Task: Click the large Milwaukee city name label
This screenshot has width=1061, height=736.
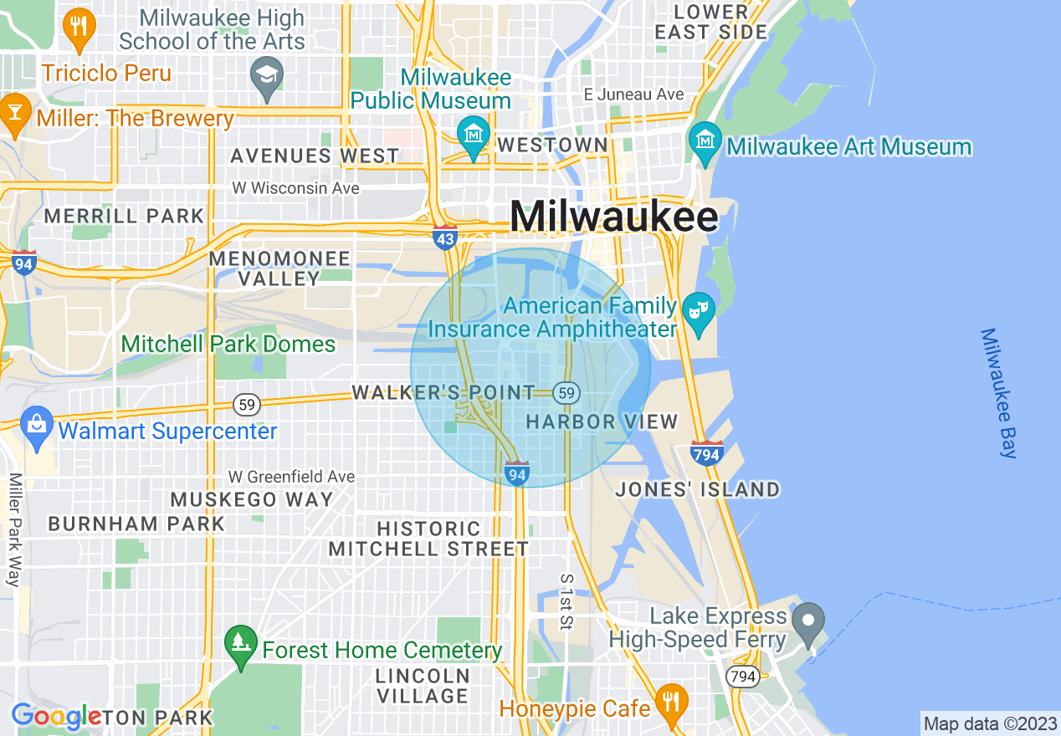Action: [613, 217]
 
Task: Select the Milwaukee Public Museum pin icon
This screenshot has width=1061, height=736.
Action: [474, 134]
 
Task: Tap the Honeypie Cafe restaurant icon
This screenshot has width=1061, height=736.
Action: [670, 701]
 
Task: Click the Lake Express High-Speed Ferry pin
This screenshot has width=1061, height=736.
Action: [808, 621]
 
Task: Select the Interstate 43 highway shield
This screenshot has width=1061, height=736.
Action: [445, 238]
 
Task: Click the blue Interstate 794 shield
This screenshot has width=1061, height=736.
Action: [707, 453]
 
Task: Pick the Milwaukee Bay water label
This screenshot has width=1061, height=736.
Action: [1000, 393]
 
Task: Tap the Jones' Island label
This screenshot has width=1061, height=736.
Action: [697, 489]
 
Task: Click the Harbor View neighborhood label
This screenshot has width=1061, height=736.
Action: [602, 422]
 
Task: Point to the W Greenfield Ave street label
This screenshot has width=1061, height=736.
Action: [292, 477]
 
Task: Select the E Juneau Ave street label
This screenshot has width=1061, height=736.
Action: [633, 95]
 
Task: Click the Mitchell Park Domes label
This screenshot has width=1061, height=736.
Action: [228, 344]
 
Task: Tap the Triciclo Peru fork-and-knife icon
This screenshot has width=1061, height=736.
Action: [79, 26]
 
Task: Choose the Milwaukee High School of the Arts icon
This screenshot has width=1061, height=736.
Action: [267, 75]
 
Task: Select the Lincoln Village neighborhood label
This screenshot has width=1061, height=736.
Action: [422, 685]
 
